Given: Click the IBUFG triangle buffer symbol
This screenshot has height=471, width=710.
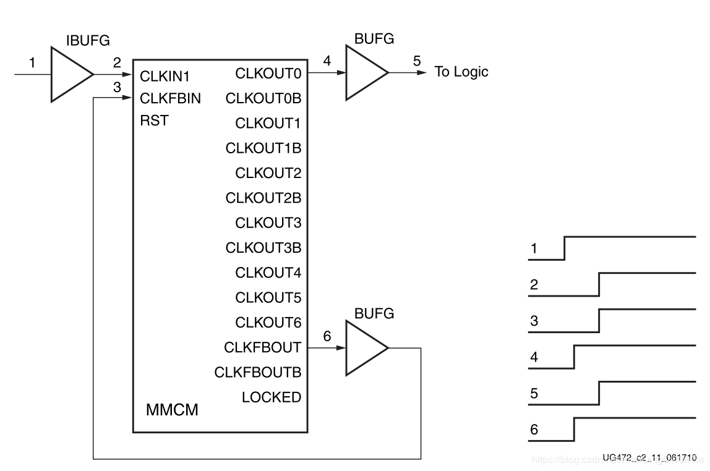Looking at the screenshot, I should [x=67, y=75].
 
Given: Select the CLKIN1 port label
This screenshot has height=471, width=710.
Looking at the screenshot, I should [x=165, y=77].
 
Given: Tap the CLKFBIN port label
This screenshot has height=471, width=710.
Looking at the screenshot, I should [x=171, y=99].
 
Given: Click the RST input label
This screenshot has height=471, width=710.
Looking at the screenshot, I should [x=154, y=121].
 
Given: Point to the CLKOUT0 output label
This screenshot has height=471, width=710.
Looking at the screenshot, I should [x=268, y=74].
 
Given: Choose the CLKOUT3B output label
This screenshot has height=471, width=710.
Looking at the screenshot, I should [x=263, y=248].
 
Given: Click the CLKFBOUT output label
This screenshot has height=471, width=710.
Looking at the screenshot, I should [x=262, y=348].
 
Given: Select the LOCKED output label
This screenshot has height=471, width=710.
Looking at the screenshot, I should [x=271, y=397].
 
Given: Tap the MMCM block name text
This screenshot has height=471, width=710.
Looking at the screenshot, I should [x=172, y=410].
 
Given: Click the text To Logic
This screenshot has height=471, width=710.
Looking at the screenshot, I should [x=461, y=72].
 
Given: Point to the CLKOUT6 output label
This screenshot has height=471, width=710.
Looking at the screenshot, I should [x=268, y=323].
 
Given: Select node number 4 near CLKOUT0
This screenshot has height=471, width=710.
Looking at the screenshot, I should [x=327, y=61].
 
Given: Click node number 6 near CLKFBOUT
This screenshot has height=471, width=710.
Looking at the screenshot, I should [x=327, y=336].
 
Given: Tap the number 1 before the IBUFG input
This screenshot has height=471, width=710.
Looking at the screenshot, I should [x=33, y=62].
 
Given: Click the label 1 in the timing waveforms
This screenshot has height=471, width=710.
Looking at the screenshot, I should [x=534, y=250].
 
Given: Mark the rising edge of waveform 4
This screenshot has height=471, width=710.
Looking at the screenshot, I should [x=575, y=357].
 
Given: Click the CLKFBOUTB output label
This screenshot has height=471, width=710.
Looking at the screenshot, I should [x=257, y=373].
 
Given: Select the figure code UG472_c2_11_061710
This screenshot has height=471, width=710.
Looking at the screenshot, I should [x=649, y=457].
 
